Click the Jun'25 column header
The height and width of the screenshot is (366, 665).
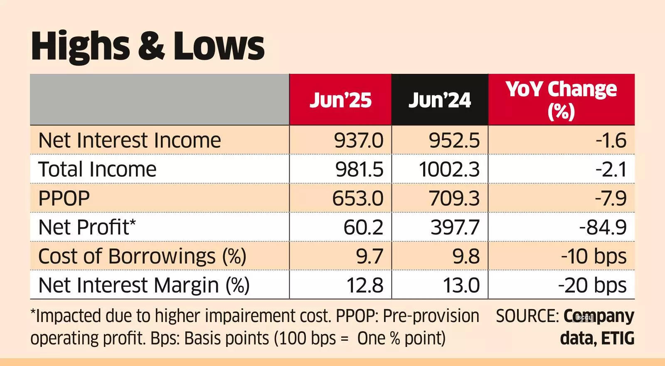pos(340,100)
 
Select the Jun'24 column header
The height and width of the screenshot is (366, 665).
pos(440,100)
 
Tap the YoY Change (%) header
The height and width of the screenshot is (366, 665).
pos(561,100)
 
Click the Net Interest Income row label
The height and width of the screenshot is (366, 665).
pos(130,140)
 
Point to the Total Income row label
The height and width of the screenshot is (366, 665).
pos(97,169)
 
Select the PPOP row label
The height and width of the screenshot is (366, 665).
pos(64,198)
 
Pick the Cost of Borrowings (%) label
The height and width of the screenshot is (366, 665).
pos(142,256)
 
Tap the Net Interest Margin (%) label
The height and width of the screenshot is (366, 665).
pos(144,285)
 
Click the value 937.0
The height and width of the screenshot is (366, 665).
pos(359,140)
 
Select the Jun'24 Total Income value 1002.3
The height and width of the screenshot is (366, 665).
pos(449,169)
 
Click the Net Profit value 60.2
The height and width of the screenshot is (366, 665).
pos(363,227)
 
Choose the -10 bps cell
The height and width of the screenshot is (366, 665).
pos(594,256)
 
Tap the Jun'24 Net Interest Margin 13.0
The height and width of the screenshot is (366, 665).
pos(461,285)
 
